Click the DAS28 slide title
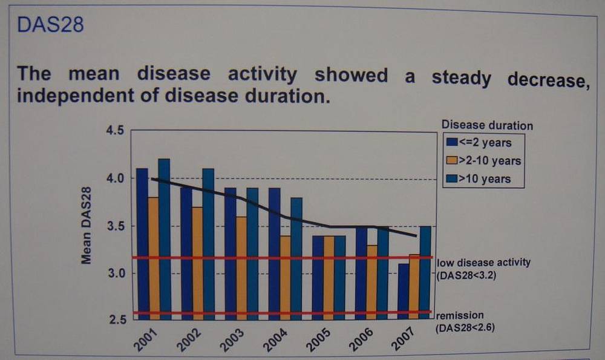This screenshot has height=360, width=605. [50, 24]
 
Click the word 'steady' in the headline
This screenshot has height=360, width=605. [461, 77]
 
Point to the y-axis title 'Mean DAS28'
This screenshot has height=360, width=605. [86, 225]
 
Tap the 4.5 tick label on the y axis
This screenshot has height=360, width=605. [115, 131]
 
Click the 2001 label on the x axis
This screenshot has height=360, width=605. [146, 339]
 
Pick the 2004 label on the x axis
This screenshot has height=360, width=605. [275, 339]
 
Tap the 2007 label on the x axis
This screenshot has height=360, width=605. [403, 339]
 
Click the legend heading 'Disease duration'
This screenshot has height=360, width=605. [487, 125]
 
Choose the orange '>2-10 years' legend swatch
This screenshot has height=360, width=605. [451, 160]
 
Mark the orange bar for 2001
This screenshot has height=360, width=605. [154, 258]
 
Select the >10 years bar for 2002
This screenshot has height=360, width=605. [208, 244]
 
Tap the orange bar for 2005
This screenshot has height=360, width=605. [329, 278]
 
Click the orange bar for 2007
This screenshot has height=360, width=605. [414, 287]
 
